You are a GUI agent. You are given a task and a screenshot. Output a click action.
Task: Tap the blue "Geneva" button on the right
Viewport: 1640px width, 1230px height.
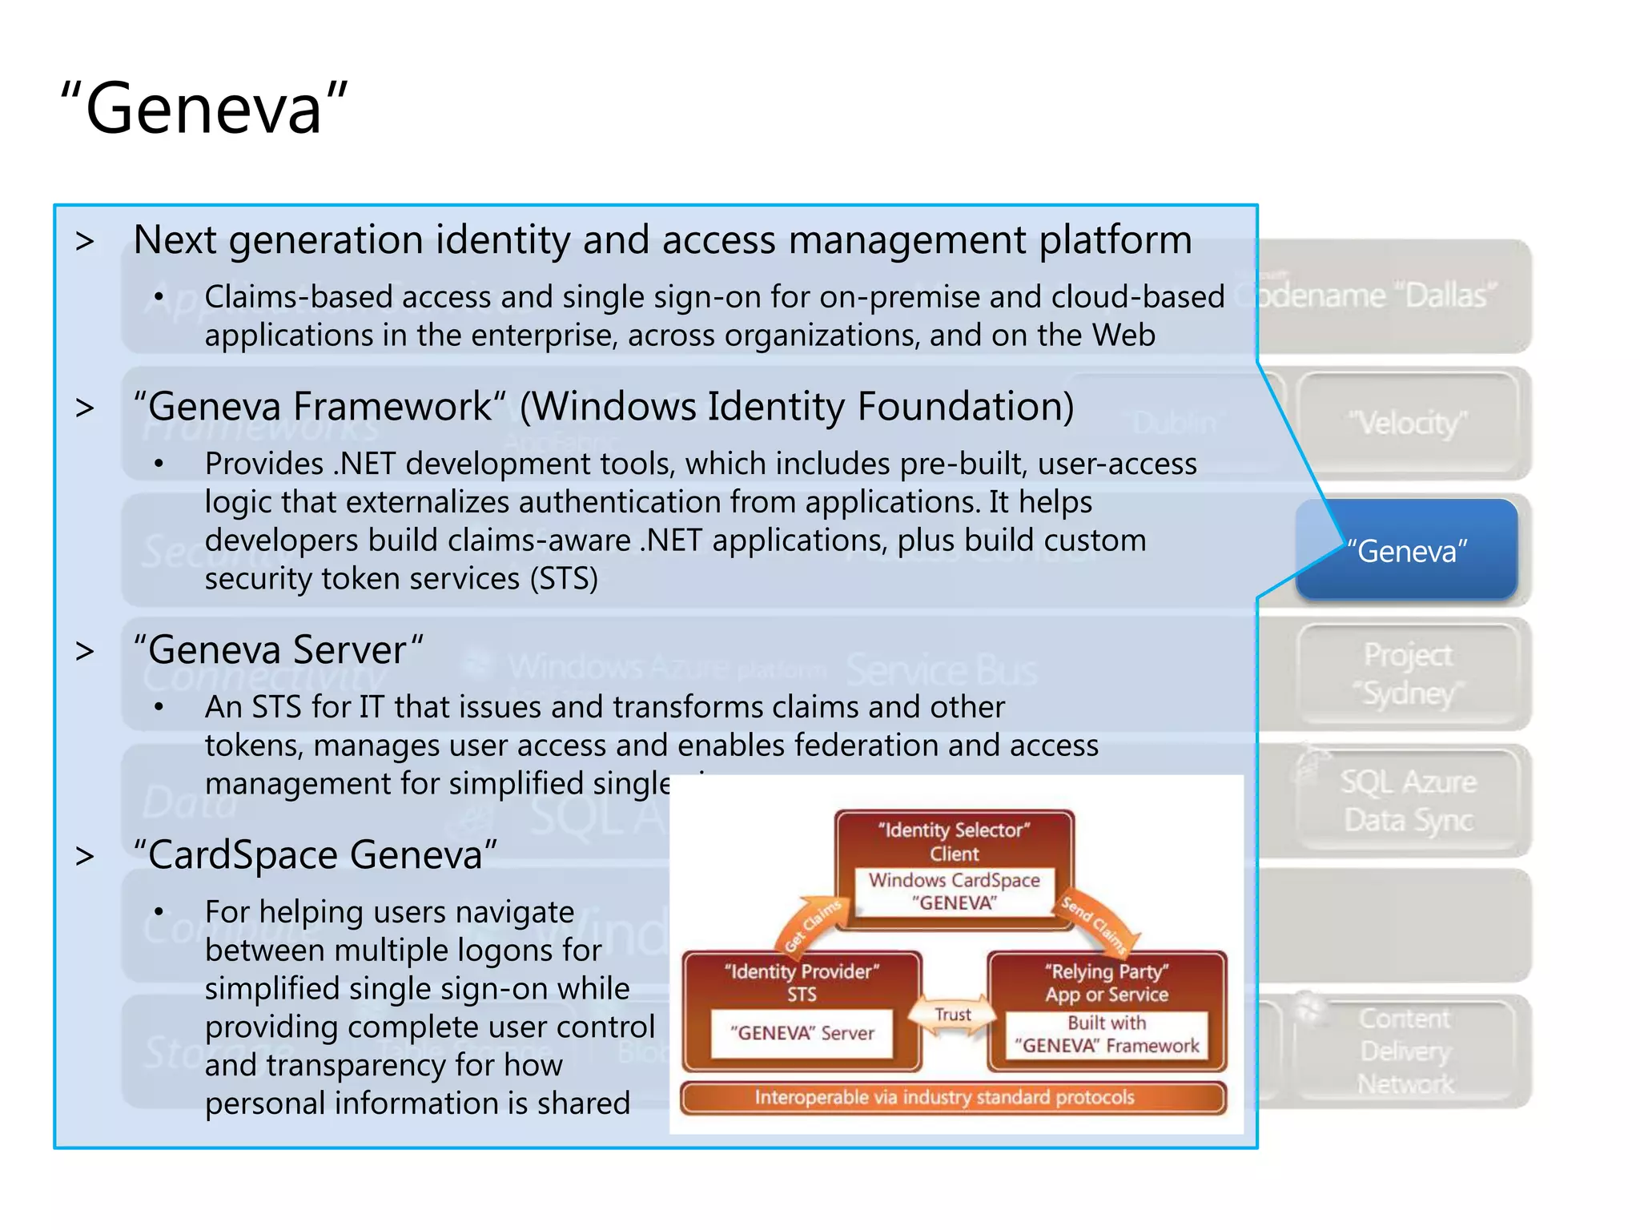[x=1407, y=550]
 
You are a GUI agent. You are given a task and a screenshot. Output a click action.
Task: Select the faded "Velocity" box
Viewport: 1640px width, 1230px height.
[x=1407, y=424]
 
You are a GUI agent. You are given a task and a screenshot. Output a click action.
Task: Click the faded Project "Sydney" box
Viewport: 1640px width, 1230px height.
[x=1407, y=673]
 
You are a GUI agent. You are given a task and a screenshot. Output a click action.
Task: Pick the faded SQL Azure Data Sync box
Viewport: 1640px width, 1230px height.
[x=1407, y=800]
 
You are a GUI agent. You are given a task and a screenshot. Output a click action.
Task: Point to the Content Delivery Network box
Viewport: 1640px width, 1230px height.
[x=1405, y=1050]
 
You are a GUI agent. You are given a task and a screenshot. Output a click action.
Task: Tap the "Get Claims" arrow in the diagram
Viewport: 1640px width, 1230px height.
[x=810, y=925]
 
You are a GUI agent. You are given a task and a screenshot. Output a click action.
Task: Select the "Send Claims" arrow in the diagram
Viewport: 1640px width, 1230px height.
[x=1098, y=925]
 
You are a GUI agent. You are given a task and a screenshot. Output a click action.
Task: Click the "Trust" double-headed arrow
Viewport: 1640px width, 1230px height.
[x=953, y=1015]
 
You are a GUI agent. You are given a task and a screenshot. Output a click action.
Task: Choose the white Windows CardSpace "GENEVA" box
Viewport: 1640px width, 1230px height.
[x=954, y=891]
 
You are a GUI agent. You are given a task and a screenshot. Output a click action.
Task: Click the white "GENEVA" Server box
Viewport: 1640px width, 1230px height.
[x=802, y=1033]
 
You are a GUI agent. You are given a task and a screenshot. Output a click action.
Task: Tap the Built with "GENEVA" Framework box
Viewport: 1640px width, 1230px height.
[x=1107, y=1035]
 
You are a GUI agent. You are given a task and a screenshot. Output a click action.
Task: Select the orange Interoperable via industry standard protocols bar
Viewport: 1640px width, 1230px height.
[x=952, y=1097]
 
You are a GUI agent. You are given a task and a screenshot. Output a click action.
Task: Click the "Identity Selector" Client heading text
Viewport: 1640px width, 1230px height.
[x=954, y=841]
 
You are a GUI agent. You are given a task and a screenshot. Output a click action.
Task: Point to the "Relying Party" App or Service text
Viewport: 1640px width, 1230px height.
[x=1107, y=983]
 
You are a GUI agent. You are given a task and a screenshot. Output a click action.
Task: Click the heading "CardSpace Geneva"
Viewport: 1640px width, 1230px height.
[x=316, y=854]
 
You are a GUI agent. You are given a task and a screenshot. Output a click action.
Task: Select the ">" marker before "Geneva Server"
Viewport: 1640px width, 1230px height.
[x=85, y=650]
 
